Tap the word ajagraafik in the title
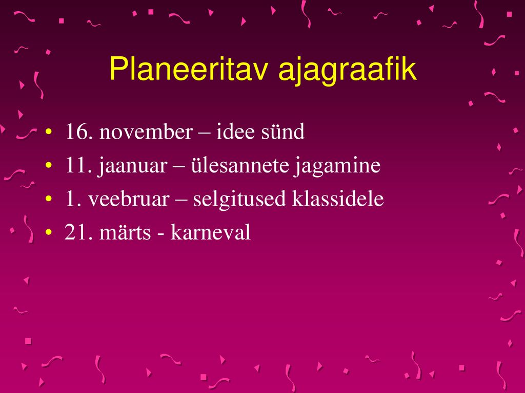tap(347, 71)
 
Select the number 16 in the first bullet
tap(78, 132)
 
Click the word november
tap(146, 132)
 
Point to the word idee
tap(235, 132)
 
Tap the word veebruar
tap(129, 199)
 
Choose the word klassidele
tap(338, 199)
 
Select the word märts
tap(125, 232)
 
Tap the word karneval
tap(210, 232)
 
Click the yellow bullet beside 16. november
tap(49, 132)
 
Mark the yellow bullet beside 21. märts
tap(49, 232)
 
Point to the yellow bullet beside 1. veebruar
tap(49, 199)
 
